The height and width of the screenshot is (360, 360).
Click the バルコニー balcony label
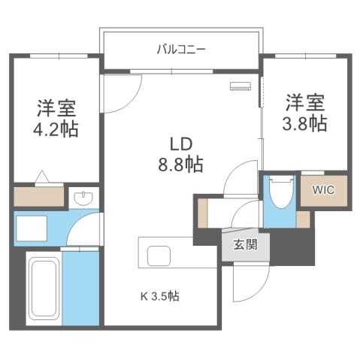point(181,50)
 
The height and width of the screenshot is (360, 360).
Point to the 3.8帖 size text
point(305,123)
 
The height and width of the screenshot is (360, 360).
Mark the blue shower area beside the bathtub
point(80,289)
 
